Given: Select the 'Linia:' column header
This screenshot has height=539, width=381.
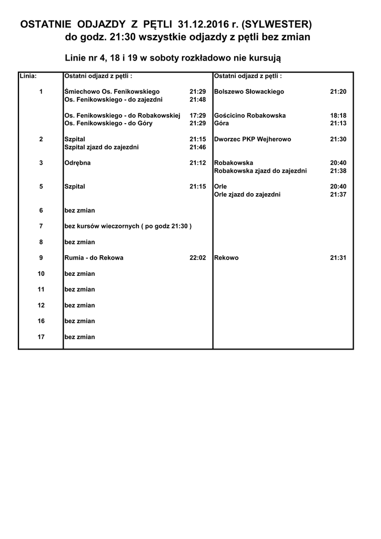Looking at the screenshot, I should pyautogui.click(x=28, y=76).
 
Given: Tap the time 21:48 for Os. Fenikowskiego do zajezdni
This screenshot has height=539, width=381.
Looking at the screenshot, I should pyautogui.click(x=197, y=99).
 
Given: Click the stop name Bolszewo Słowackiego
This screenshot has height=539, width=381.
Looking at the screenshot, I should pyautogui.click(x=249, y=92).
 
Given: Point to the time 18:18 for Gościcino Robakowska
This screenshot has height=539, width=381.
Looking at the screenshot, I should pyautogui.click(x=338, y=115).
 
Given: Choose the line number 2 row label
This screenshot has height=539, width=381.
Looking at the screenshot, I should pyautogui.click(x=41, y=139).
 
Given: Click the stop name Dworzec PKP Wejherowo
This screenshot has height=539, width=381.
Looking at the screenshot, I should pyautogui.click(x=253, y=139).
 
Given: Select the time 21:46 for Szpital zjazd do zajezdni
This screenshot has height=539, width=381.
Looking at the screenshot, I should pyautogui.click(x=197, y=147).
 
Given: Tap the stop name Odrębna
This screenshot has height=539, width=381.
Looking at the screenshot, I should pyautogui.click(x=77, y=163).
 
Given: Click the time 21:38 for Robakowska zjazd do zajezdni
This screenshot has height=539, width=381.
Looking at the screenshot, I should pyautogui.click(x=338, y=171).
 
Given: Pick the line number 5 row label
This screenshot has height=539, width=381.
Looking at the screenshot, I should pyautogui.click(x=41, y=186).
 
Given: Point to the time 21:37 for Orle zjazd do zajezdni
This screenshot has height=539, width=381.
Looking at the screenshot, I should pyautogui.click(x=338, y=195).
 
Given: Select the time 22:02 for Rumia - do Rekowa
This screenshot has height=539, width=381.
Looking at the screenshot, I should pyautogui.click(x=197, y=258).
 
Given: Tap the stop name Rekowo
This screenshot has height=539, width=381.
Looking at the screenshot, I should pyautogui.click(x=226, y=258).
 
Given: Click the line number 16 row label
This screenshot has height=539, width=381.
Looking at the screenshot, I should pyautogui.click(x=41, y=321).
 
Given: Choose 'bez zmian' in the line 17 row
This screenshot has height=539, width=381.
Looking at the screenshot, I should pyautogui.click(x=79, y=337).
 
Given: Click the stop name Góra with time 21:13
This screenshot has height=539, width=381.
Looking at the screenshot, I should pyautogui.click(x=221, y=123).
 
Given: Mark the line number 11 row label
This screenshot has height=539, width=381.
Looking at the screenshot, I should pyautogui.click(x=41, y=290).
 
